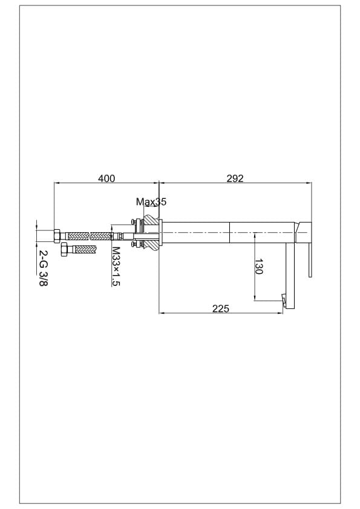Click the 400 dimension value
click(106, 178)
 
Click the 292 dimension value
click(235, 178)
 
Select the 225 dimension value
click(221, 308)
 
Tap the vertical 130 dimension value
click(258, 267)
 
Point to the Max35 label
click(151, 201)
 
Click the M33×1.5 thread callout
click(116, 266)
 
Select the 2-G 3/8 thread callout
click(43, 268)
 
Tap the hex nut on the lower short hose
click(64, 250)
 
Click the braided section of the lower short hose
click(85, 250)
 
